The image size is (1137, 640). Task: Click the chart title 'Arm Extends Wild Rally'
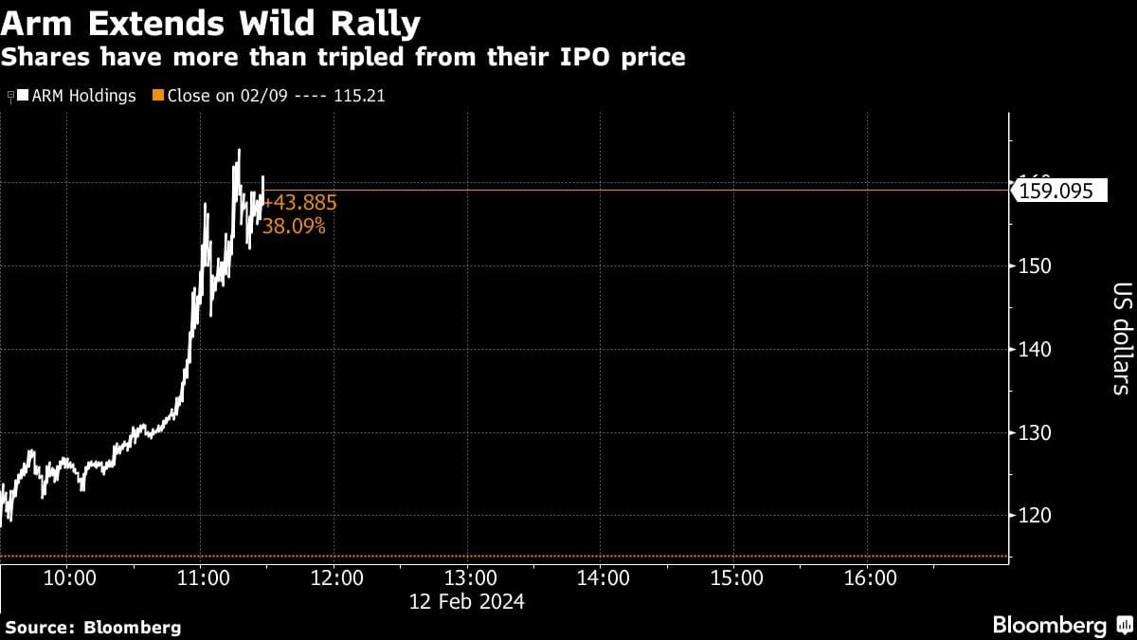[x=211, y=21]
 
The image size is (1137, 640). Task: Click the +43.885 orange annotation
[x=299, y=203]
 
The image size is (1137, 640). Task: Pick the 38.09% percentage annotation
[x=294, y=227]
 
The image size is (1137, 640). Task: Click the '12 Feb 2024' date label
[x=467, y=601]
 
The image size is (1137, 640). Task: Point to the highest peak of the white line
[x=239, y=150]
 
